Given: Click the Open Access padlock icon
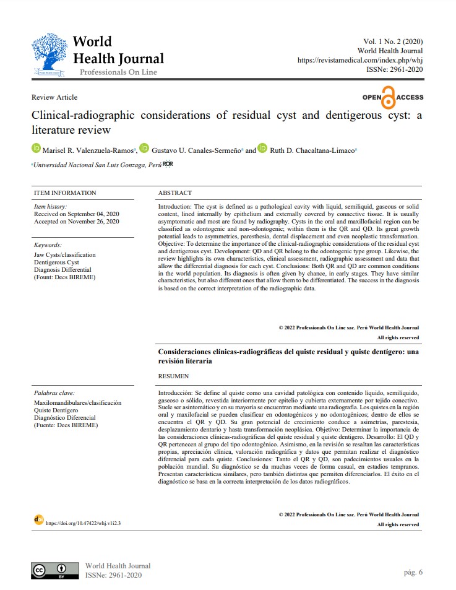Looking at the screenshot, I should [x=388, y=98].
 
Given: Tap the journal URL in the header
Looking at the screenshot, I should [x=360, y=60].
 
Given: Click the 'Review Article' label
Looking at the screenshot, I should [x=54, y=97].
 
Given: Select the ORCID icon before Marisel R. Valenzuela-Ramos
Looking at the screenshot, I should [x=35, y=149].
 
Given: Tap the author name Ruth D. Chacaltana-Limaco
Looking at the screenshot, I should [x=304, y=150].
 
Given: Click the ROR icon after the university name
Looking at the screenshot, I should [x=168, y=164].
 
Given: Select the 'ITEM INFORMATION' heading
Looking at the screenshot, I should [x=65, y=193].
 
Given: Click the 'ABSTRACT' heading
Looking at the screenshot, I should [x=175, y=193].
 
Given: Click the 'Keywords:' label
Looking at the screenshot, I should [x=48, y=245].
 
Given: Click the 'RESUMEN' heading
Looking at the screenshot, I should [x=174, y=376].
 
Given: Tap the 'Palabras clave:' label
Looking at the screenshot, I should [x=54, y=393].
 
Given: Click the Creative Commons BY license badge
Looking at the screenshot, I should [x=55, y=570].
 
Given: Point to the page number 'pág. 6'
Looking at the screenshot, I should [x=412, y=572].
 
